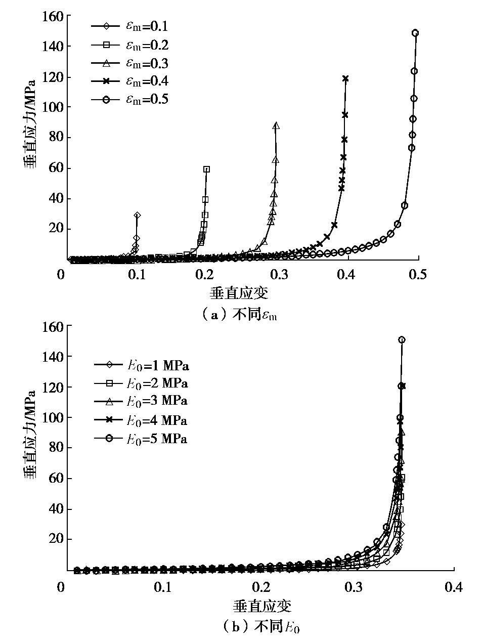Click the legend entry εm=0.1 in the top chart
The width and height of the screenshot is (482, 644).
(x=129, y=26)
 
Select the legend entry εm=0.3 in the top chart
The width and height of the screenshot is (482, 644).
(x=129, y=63)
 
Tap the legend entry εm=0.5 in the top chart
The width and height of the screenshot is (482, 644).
(x=129, y=99)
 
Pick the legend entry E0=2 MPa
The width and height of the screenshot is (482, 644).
(x=141, y=382)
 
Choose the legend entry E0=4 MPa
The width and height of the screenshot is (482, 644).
(x=141, y=420)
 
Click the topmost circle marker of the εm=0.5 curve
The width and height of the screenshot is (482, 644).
(x=415, y=33)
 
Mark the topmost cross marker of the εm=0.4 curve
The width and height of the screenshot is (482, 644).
(x=345, y=78)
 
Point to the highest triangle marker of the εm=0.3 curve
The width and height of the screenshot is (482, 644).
(x=276, y=126)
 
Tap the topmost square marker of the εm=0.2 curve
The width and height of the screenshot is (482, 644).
(x=206, y=169)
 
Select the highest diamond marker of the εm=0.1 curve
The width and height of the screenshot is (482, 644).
(x=137, y=216)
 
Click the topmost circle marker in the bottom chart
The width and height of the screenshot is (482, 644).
(x=402, y=340)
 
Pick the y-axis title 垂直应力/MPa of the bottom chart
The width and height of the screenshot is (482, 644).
(x=31, y=434)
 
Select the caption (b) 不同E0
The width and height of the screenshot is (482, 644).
(x=261, y=627)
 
